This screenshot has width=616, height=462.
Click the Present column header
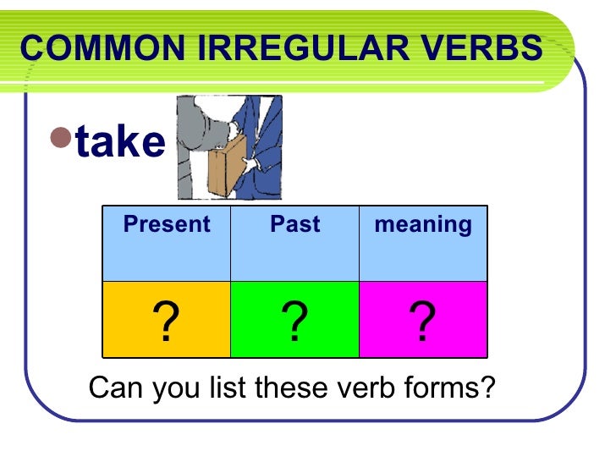pyautogui.click(x=167, y=224)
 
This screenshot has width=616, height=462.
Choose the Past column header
pyautogui.click(x=294, y=224)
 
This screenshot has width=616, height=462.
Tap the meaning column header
pyautogui.click(x=423, y=224)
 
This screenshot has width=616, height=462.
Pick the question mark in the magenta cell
pyautogui.click(x=422, y=323)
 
